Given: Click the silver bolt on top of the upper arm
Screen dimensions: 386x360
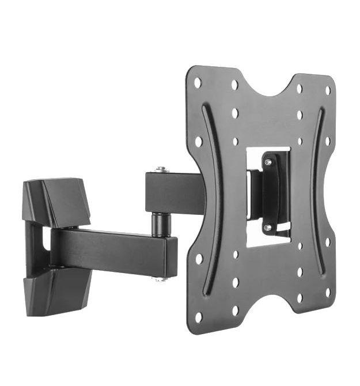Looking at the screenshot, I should click(161, 169).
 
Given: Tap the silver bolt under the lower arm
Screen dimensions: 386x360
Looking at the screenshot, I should click(161, 279).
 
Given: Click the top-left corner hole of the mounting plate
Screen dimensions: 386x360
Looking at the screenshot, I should click(198, 82).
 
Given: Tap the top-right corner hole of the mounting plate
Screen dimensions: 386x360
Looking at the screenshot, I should click(328, 90).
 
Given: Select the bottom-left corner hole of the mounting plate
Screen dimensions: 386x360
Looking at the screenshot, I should click(199, 317).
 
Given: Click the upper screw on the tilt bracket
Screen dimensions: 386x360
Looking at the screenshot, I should click(268, 162).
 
